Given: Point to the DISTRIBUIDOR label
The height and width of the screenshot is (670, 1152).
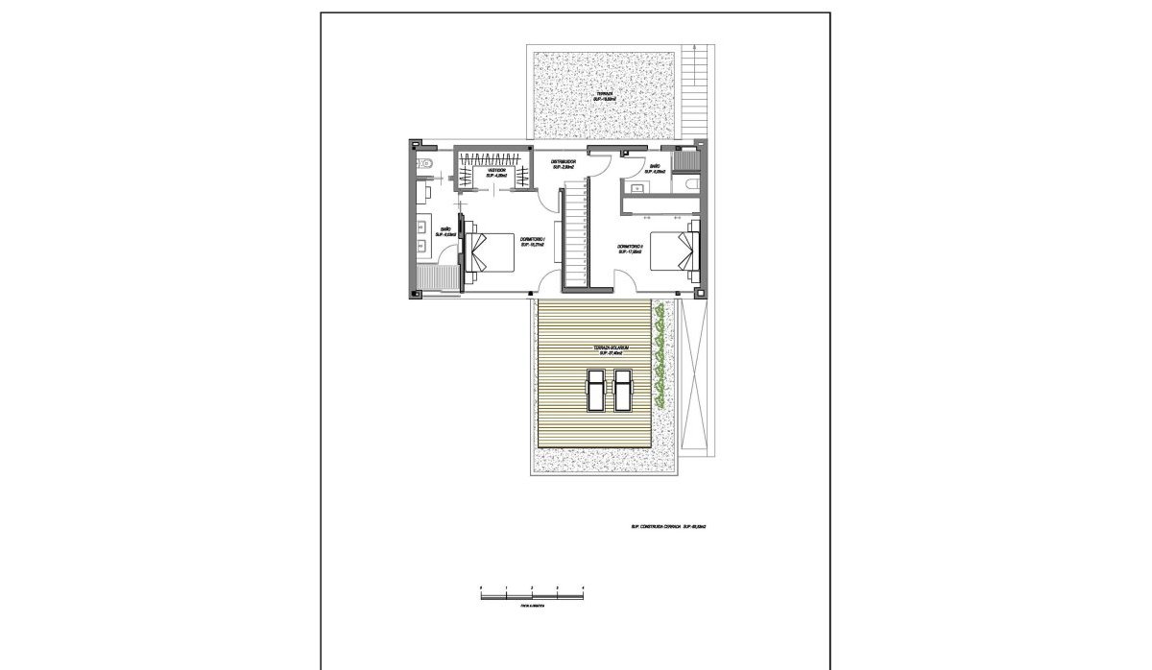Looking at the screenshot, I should (x=563, y=164).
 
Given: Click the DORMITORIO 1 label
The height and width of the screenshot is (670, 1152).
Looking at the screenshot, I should (x=533, y=241).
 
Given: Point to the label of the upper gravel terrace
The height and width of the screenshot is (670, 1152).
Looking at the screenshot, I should (x=605, y=97).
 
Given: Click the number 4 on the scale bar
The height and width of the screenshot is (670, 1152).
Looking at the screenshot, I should (x=583, y=586).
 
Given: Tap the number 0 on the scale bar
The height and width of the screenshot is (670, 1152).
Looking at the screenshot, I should (x=481, y=586).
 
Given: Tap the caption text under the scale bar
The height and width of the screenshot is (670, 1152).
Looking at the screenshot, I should (x=532, y=607).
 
